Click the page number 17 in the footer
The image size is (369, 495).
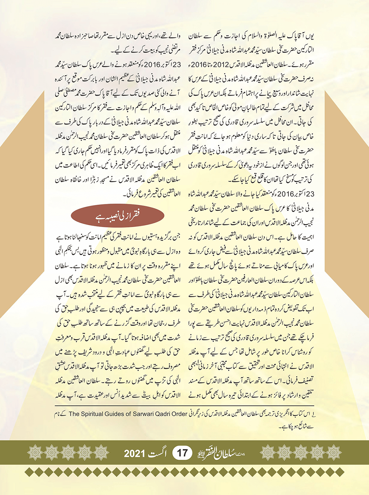tap(182, 452)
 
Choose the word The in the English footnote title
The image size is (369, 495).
tap(74, 414)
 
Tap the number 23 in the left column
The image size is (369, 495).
tap(177, 65)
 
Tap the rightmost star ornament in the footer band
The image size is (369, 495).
tap(334, 452)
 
